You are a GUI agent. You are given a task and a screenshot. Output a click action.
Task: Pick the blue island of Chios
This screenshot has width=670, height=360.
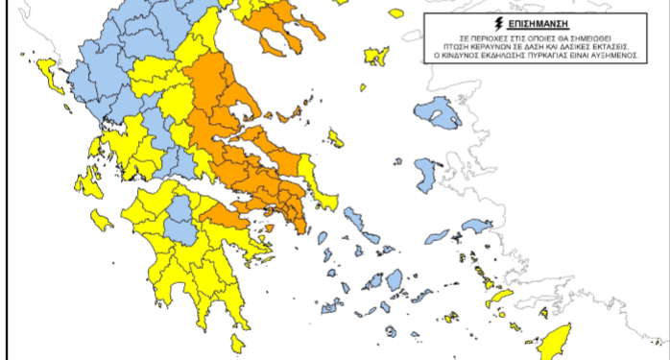tap(425, 176)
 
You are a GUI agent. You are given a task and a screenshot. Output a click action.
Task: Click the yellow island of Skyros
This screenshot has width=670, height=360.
tap(336, 136)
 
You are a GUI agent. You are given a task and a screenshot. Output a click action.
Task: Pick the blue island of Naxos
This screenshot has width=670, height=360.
tap(394, 279)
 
